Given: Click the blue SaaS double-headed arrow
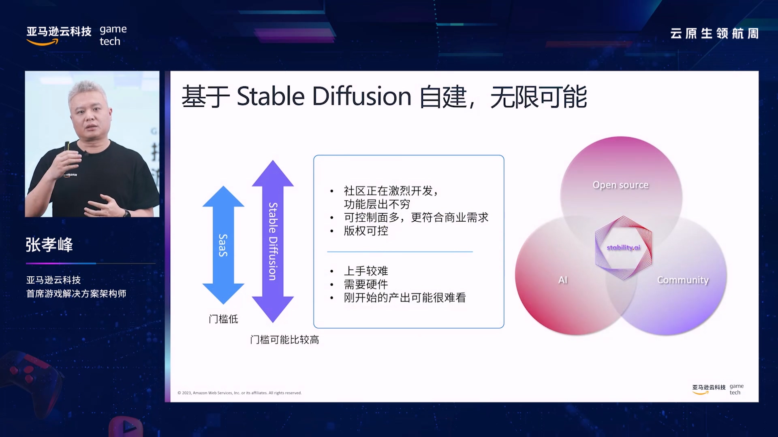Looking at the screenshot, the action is click(223, 245).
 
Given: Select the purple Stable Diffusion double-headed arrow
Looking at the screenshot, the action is click(273, 241).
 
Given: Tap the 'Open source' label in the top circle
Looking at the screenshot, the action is click(620, 185).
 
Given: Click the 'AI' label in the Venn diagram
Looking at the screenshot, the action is click(563, 280).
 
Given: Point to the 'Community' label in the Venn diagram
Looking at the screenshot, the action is click(683, 280).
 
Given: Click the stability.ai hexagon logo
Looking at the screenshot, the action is click(623, 248).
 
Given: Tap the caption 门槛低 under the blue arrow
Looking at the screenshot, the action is click(223, 319).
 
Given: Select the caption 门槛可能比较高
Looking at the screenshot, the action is click(284, 339).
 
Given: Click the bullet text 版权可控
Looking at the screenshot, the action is click(366, 231).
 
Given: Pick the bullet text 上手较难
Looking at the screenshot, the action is click(366, 271).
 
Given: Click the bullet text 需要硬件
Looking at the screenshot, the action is click(366, 284).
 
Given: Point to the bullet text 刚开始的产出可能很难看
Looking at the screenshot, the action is click(405, 297).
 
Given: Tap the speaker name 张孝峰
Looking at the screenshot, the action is click(49, 245).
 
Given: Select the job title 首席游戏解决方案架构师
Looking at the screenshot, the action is click(76, 293).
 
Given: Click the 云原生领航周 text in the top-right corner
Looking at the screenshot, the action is click(714, 33).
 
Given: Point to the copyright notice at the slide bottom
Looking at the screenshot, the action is click(239, 393).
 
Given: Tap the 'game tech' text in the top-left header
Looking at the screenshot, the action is click(113, 35).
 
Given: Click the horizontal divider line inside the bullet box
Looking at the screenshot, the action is click(400, 252).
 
